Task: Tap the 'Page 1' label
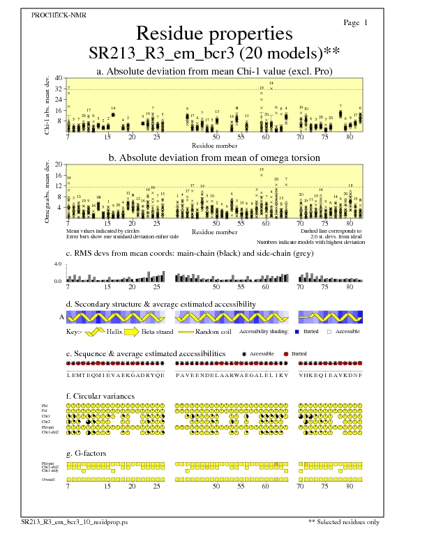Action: (356, 23)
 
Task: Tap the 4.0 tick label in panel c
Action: (59, 265)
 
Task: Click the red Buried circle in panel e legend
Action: (286, 354)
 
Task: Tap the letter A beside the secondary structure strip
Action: (61, 316)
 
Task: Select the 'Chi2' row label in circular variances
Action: (45, 422)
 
